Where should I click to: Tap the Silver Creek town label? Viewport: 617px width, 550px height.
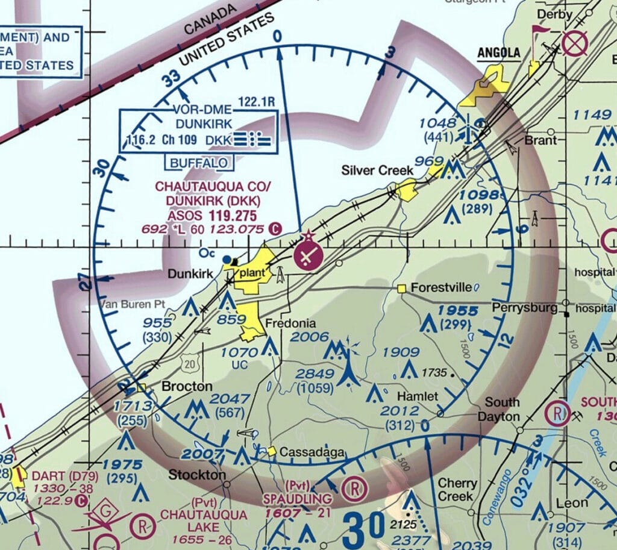pyautogui.click(x=377, y=170)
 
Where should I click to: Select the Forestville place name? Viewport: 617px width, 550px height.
pyautogui.click(x=441, y=288)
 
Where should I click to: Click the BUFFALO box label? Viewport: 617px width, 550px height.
pyautogui.click(x=199, y=163)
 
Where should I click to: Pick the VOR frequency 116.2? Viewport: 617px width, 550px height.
pyautogui.click(x=142, y=140)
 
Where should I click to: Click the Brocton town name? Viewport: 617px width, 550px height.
pyautogui.click(x=187, y=386)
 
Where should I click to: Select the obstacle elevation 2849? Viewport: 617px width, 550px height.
pyautogui.click(x=314, y=374)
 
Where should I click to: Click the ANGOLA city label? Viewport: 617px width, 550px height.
pyautogui.click(x=499, y=53)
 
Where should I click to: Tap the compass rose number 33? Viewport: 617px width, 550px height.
pyautogui.click(x=171, y=78)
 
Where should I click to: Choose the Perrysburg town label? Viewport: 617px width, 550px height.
pyautogui.click(x=524, y=308)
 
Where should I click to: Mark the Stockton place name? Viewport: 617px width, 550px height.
pyautogui.click(x=197, y=475)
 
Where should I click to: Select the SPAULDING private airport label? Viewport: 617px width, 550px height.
pyautogui.click(x=297, y=499)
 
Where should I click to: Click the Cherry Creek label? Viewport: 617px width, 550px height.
pyautogui.click(x=457, y=490)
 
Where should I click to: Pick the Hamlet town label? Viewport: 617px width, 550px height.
pyautogui.click(x=417, y=397)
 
